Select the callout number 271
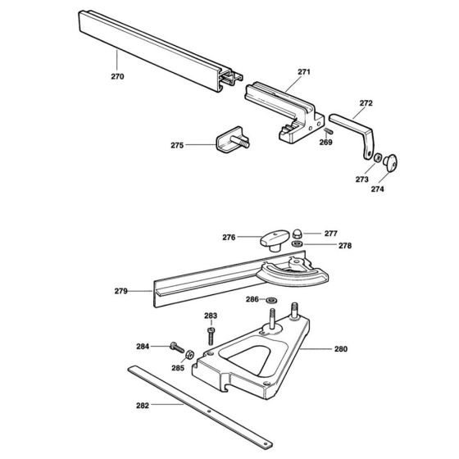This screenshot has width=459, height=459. coord(304,72)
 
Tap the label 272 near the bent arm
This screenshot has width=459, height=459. coord(366,103)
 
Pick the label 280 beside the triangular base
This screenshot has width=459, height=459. coord(340,349)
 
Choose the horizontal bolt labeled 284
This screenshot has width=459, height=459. coord(176,347)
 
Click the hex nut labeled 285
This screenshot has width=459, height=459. coord(188,355)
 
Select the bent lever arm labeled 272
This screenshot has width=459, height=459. coord(357,128)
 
